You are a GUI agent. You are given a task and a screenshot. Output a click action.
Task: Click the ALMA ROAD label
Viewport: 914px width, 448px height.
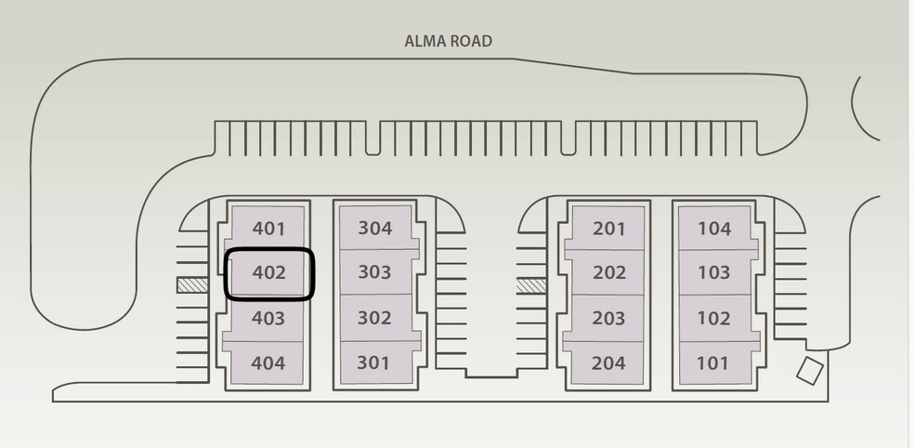(448, 41)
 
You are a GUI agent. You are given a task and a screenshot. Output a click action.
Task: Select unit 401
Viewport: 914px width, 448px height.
(268, 229)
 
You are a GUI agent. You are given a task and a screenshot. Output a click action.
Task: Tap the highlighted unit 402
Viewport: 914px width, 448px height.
(268, 273)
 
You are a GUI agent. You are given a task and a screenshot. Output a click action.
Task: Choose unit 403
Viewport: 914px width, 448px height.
(268, 318)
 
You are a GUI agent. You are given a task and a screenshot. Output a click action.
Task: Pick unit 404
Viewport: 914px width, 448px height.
(268, 362)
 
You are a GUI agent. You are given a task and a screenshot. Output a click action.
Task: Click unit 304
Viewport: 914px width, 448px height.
(374, 229)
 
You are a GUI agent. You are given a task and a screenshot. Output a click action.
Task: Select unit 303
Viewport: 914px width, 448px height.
(374, 273)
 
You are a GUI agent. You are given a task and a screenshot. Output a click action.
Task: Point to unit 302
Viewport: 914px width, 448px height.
(374, 318)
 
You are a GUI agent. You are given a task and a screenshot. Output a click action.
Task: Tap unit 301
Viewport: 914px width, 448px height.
(373, 362)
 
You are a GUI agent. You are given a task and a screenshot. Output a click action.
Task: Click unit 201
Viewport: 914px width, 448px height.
(608, 229)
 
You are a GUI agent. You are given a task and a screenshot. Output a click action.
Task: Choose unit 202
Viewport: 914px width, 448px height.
(608, 273)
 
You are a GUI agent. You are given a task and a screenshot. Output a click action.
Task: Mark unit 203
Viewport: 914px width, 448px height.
(608, 318)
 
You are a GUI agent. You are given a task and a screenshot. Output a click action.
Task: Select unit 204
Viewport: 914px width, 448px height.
(608, 362)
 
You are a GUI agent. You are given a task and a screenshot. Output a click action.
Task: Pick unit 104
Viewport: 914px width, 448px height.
(714, 229)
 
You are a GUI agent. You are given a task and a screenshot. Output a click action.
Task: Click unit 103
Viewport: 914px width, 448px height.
(714, 273)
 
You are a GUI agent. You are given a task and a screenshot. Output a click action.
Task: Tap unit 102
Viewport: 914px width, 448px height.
(714, 318)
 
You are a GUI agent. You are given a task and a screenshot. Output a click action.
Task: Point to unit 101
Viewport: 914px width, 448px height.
(713, 362)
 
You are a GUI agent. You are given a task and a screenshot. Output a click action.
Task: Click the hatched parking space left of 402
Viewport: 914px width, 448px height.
(191, 285)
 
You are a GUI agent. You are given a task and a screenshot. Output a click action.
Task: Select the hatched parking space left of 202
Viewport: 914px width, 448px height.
(532, 285)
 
